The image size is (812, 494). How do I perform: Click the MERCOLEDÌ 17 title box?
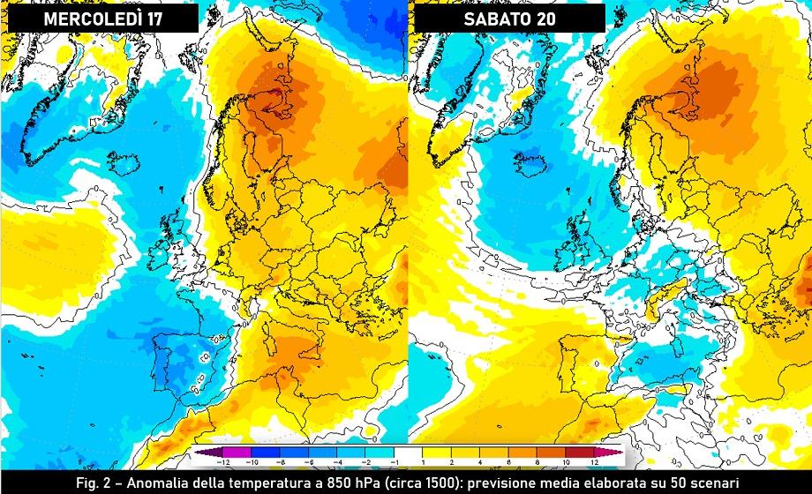tap(103, 19)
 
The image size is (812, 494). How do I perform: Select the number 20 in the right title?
tap(553, 19)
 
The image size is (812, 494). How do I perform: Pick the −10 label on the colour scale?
tap(252, 462)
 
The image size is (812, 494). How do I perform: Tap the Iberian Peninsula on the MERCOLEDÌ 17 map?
tap(177, 357)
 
